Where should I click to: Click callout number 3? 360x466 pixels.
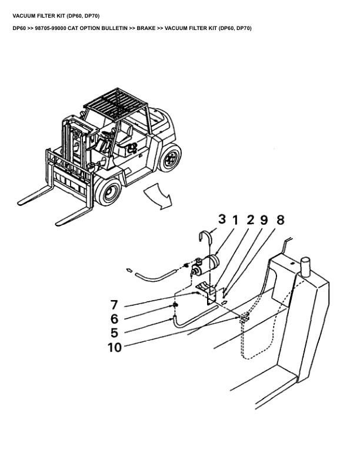[222, 219]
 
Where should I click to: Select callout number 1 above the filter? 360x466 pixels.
[235, 220]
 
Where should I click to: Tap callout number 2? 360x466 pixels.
[251, 220]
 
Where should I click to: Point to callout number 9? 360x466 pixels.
[264, 220]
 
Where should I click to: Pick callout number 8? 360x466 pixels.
[281, 220]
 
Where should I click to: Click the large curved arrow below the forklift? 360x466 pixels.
[158, 195]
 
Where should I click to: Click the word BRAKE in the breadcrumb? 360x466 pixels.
[146, 28]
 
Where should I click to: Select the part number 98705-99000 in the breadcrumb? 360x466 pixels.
[51, 28]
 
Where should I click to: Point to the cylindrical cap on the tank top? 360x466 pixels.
[306, 265]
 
